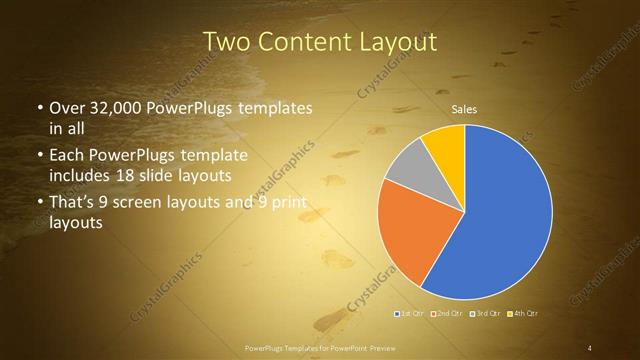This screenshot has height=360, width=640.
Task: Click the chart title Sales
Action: point(463,109)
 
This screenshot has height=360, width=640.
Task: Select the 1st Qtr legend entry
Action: point(410,314)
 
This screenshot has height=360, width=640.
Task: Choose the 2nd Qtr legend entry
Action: point(447,314)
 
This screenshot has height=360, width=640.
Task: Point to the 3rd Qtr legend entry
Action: point(485,314)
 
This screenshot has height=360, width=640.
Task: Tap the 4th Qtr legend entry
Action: point(523,314)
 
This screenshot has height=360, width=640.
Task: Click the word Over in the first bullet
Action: point(67,108)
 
